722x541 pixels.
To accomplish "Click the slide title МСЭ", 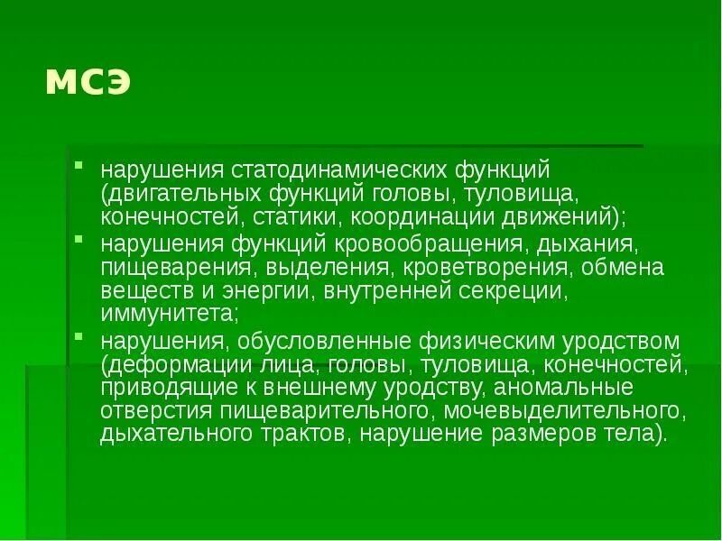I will click(88, 82).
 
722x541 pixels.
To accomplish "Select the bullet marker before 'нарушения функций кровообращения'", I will click(79, 241).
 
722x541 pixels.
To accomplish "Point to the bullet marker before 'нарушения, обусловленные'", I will click(79, 338).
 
